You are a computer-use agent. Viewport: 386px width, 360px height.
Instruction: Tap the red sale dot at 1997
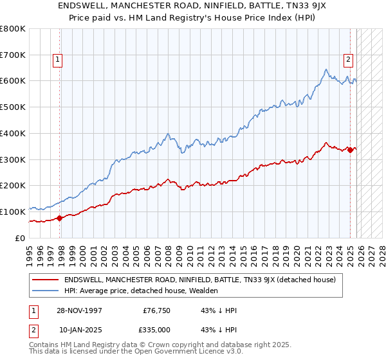(60, 218)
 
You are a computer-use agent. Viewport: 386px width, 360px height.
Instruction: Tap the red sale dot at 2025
(351, 150)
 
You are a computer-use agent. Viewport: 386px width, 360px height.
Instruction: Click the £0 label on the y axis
(20, 238)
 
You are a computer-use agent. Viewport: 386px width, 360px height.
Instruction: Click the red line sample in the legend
(46, 280)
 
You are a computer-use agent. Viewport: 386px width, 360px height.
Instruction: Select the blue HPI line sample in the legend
(46, 291)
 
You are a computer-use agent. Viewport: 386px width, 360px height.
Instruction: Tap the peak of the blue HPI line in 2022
(326, 69)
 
